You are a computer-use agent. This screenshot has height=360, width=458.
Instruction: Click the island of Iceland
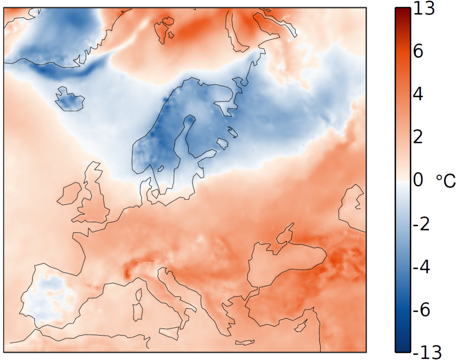click(69, 99)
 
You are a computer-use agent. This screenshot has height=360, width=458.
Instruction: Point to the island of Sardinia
click(137, 311)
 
